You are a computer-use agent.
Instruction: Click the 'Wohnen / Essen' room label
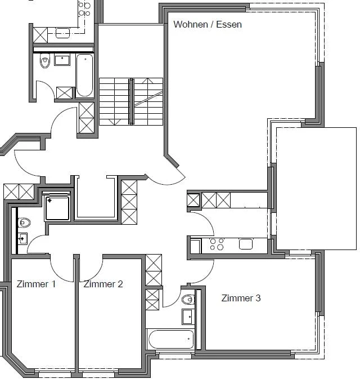click(208, 24)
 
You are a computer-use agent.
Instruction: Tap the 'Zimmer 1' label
click(36, 284)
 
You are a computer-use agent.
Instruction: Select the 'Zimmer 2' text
click(103, 284)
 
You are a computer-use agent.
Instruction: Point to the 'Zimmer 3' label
click(241, 298)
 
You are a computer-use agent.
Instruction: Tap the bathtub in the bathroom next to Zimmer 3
click(170, 340)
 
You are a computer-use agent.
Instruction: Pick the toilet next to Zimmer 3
click(188, 299)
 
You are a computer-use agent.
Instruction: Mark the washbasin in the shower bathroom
click(22, 238)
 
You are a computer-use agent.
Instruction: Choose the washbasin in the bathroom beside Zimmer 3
click(187, 317)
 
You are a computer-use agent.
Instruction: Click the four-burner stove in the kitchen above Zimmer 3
click(217, 244)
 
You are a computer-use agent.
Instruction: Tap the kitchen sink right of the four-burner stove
click(246, 244)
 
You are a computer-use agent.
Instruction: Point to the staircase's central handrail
click(131, 101)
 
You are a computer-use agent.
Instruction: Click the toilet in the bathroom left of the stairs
click(45, 60)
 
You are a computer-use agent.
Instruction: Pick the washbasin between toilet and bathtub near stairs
click(62, 60)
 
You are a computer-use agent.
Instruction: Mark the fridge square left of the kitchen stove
click(195, 246)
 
